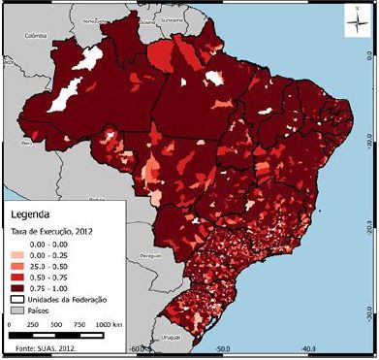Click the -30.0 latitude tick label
pos(369,316)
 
